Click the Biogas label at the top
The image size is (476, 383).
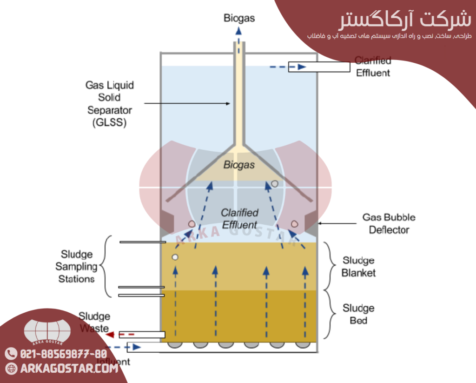(239, 19)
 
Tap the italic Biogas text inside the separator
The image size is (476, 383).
(239, 165)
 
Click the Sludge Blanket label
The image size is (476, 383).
(358, 267)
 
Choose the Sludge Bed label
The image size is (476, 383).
(358, 314)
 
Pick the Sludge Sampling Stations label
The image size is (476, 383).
(76, 267)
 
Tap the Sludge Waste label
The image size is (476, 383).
(94, 322)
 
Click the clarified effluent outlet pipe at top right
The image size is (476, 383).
(319, 67)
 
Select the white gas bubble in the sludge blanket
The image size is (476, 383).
(175, 257)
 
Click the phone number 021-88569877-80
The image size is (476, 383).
(62, 354)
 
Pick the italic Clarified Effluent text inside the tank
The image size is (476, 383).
(239, 218)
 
